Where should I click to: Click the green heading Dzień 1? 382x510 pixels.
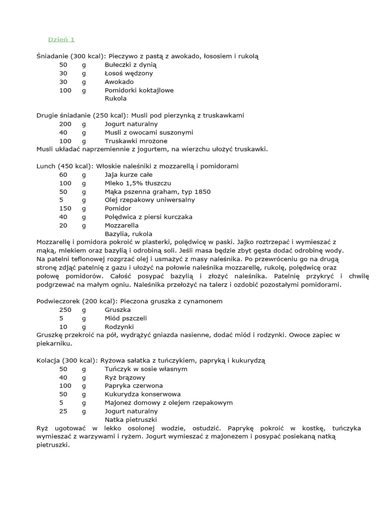(61, 39)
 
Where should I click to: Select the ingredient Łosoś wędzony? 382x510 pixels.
(129, 73)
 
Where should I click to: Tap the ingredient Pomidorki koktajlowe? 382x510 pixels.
(139, 90)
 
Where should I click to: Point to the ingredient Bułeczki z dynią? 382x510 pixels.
(131, 65)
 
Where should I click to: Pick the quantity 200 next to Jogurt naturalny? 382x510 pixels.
(65, 124)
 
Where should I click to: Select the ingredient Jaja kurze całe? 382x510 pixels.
(128, 175)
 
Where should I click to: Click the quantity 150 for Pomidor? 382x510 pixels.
(65, 208)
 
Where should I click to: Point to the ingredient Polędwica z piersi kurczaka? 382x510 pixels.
(148, 217)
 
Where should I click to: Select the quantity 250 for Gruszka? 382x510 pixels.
(65, 310)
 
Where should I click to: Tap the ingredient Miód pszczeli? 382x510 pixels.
(126, 318)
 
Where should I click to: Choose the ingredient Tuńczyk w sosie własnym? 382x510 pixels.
(146, 369)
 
